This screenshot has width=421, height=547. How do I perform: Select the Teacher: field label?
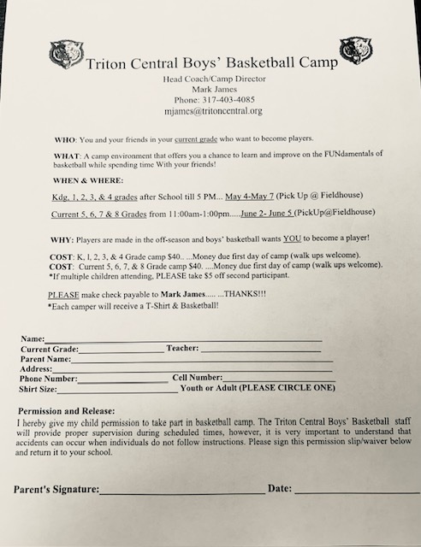click(183, 349)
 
